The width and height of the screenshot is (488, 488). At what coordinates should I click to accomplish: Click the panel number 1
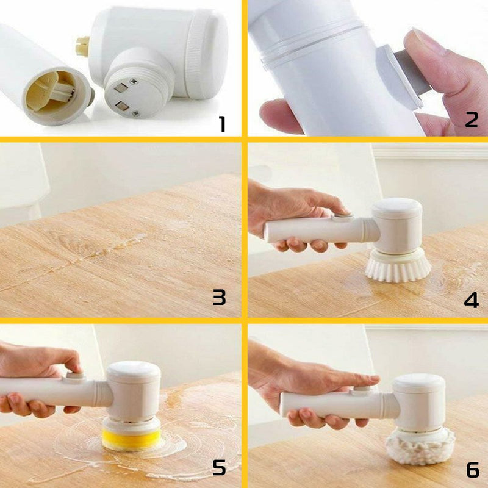(x=222, y=124)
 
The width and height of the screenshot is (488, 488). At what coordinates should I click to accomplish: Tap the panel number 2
(x=472, y=120)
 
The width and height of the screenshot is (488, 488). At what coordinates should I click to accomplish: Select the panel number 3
(x=220, y=297)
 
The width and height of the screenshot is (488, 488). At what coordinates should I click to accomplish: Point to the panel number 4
(x=471, y=300)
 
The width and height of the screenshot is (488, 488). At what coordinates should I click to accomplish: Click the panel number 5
(x=219, y=467)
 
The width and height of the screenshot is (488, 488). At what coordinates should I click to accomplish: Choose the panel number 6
(x=473, y=470)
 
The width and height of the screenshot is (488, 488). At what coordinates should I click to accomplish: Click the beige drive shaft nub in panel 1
(x=83, y=46)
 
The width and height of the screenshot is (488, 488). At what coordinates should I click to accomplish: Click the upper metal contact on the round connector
(x=120, y=88)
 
